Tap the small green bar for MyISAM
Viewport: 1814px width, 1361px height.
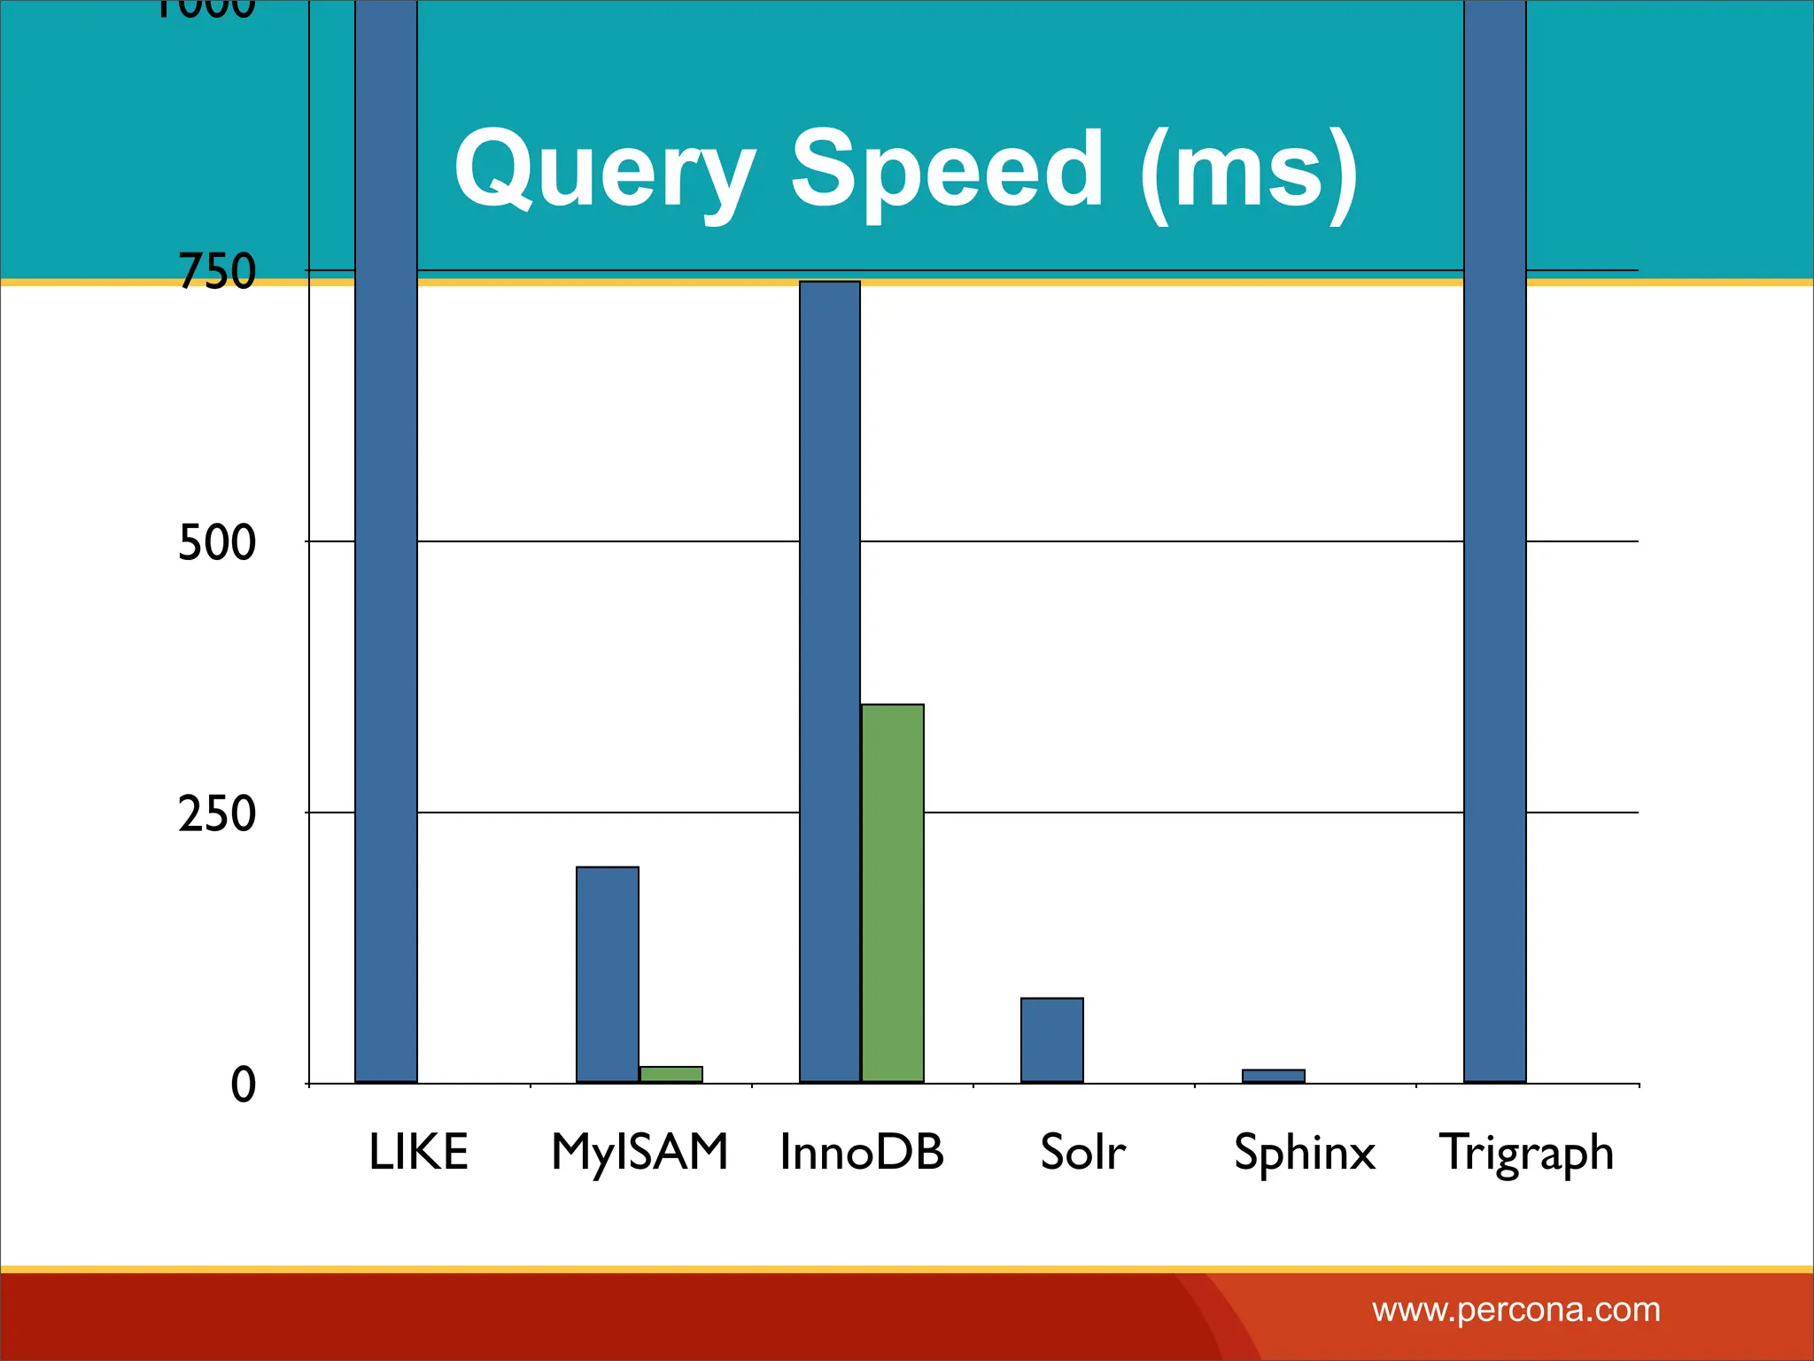pos(671,1074)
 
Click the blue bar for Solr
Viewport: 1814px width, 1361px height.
pos(1051,1039)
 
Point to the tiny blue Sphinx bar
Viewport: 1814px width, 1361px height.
pos(1273,1076)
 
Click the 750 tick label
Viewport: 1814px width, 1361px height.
pos(217,271)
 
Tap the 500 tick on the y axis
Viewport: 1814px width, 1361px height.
pos(217,542)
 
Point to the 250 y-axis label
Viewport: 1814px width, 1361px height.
pos(217,813)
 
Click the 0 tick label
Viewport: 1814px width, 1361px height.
pos(243,1085)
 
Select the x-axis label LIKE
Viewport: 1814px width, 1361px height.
pos(418,1152)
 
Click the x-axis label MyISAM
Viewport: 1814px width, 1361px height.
pos(640,1152)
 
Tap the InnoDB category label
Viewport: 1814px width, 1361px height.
pos(862,1152)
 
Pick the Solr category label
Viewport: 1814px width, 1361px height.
pos(1082,1152)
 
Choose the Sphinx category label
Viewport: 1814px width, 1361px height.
pos(1305,1152)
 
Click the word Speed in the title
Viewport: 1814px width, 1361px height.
pos(947,168)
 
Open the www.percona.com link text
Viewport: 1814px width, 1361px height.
pos(1516,1310)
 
